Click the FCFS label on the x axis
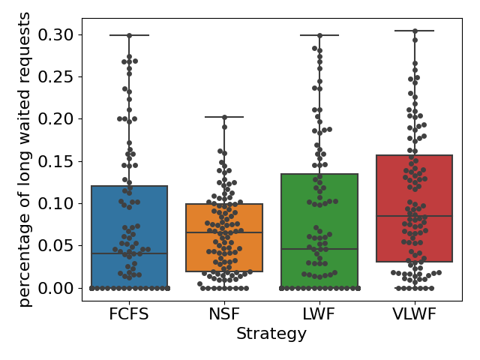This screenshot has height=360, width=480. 129,313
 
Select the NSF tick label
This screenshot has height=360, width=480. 224,313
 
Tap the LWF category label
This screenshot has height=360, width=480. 319,313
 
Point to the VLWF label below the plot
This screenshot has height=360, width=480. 415,313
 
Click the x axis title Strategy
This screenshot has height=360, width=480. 271,334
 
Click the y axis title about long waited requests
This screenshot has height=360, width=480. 25,159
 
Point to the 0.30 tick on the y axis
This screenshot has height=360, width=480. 57,34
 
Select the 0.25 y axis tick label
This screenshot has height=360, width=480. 57,76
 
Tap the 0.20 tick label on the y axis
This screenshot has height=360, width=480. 57,118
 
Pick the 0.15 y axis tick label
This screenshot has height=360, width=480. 57,161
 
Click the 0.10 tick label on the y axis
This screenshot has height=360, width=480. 57,203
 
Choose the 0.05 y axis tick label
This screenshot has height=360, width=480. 57,245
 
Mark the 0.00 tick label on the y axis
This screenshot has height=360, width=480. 57,287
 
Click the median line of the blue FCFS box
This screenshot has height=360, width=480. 129,253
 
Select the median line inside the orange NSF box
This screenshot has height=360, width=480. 224,232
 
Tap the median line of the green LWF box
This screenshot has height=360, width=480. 319,249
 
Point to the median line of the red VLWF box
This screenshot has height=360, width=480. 415,216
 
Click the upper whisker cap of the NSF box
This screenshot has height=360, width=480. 224,117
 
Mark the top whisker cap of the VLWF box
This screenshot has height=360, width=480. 415,31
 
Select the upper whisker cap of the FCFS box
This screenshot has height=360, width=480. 129,35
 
